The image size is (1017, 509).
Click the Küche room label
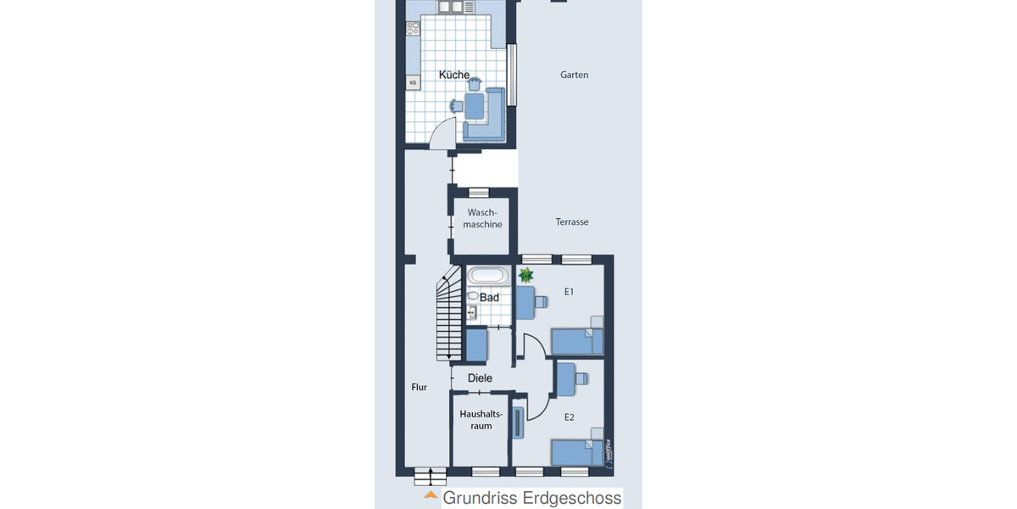(x=454, y=76)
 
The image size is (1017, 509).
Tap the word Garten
(x=574, y=76)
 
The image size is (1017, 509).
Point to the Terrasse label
(x=572, y=222)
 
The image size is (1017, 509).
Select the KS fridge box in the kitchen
(x=414, y=82)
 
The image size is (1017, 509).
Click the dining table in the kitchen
(x=474, y=106)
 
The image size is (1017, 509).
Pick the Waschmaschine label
(x=482, y=219)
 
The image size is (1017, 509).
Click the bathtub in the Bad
(x=487, y=276)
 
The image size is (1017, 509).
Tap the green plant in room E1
(x=526, y=275)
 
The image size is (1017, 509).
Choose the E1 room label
(x=570, y=292)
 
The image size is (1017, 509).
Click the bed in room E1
(x=577, y=341)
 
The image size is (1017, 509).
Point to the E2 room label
(x=570, y=417)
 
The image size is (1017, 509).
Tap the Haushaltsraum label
(x=481, y=420)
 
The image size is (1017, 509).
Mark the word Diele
(x=480, y=378)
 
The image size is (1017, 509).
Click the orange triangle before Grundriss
(x=431, y=495)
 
